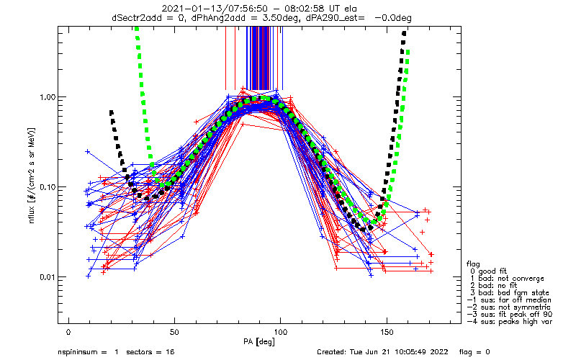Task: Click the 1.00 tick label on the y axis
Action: (48, 97)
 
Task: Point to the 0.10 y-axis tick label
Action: (48, 187)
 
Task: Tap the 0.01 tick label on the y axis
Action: (48, 277)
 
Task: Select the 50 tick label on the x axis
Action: (174, 332)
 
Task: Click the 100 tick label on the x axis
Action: (280, 332)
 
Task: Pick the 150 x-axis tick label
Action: (387, 332)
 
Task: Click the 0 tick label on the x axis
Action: (68, 332)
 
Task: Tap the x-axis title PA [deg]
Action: (259, 342)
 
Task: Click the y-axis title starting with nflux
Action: (32, 176)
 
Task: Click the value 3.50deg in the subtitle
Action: (277, 17)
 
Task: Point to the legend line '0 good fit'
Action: (488, 271)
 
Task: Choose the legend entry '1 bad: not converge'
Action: (507, 279)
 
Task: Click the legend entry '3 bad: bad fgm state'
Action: (510, 293)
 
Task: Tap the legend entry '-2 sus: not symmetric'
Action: (509, 307)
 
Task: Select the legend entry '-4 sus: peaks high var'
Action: (510, 321)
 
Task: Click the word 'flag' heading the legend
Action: (473, 264)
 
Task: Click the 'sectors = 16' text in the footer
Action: (150, 352)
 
